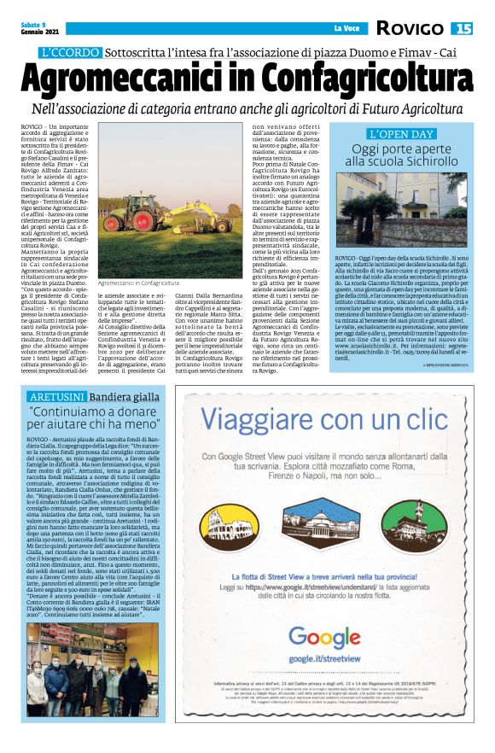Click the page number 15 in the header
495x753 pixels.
pos(462,29)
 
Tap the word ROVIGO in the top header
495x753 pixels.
pos(412,29)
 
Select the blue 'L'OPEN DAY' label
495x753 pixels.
pos(402,134)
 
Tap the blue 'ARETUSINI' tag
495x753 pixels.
pos(57,398)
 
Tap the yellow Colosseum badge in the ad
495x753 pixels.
pos(228,526)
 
